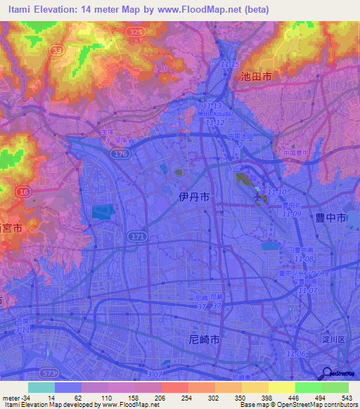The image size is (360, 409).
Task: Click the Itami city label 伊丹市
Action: (193, 199)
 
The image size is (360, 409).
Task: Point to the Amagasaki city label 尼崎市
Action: (205, 339)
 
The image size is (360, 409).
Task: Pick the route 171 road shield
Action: (136, 238)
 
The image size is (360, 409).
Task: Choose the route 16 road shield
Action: (24, 191)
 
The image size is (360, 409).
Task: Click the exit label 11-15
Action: (230, 64)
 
